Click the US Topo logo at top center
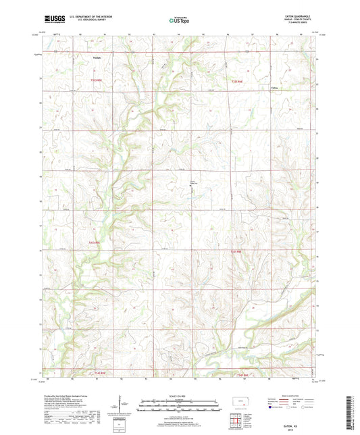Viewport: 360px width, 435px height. tap(180, 20)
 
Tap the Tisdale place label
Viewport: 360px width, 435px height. tap(97, 57)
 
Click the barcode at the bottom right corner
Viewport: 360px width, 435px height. tap(353, 411)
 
